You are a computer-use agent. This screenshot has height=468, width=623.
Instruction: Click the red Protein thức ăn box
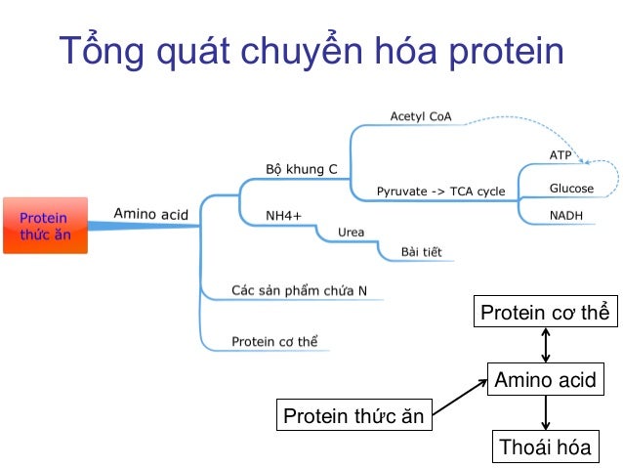pyautogui.click(x=45, y=226)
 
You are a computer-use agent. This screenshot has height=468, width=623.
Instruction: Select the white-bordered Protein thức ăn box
pyautogui.click(x=353, y=416)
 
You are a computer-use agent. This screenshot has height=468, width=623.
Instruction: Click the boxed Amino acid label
pyautogui.click(x=545, y=380)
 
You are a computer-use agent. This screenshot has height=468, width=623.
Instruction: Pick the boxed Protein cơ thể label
pyautogui.click(x=545, y=313)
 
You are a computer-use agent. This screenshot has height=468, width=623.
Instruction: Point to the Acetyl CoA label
pyautogui.click(x=421, y=116)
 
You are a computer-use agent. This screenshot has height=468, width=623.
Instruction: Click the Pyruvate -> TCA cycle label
pyautogui.click(x=441, y=191)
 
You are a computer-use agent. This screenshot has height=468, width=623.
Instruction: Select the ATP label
pyautogui.click(x=561, y=155)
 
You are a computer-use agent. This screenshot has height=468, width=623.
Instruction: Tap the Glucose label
pyautogui.click(x=571, y=189)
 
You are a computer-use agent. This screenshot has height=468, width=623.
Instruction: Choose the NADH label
pyautogui.click(x=566, y=215)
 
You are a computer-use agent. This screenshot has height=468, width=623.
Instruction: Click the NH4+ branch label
pyautogui.click(x=284, y=215)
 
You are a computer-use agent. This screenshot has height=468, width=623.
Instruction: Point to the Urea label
pyautogui.click(x=351, y=233)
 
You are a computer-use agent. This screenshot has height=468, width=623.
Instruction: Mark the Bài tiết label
pyautogui.click(x=421, y=252)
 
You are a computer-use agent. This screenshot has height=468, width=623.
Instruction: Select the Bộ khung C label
pyautogui.click(x=302, y=170)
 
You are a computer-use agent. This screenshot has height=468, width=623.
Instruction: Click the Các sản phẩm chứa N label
pyautogui.click(x=300, y=290)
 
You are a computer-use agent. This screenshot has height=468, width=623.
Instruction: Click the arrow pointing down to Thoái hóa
pyautogui.click(x=545, y=412)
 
